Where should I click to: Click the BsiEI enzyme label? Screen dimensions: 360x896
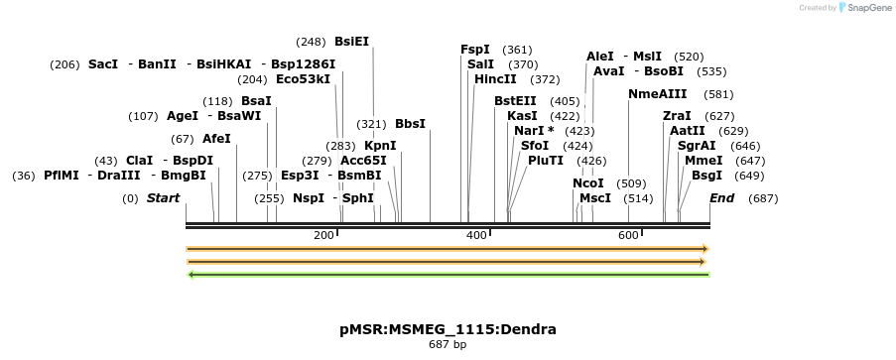[351, 42]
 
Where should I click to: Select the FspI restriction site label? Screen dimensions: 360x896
[475, 50]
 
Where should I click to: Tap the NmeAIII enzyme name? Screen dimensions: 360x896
[657, 94]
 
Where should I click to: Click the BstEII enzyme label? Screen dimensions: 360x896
[515, 101]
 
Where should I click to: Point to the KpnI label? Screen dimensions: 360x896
[380, 146]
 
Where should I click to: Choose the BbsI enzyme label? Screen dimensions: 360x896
[410, 124]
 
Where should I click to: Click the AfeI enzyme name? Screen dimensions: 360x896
[216, 139]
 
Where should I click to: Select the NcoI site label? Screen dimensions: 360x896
[588, 183]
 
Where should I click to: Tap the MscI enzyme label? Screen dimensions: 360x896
[595, 198]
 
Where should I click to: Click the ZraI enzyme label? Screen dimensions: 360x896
[677, 116]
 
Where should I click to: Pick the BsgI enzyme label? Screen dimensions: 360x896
[706, 176]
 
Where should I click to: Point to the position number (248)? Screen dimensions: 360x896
[311, 42]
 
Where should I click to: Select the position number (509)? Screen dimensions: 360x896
[631, 183]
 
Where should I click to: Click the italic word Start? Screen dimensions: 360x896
[163, 198]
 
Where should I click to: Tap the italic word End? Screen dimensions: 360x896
[721, 198]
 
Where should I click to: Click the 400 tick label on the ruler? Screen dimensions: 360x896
[476, 235]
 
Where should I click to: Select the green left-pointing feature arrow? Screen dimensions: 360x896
[448, 274]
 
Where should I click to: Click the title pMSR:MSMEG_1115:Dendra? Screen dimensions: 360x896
[448, 329]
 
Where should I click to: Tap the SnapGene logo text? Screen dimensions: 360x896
[866, 8]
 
